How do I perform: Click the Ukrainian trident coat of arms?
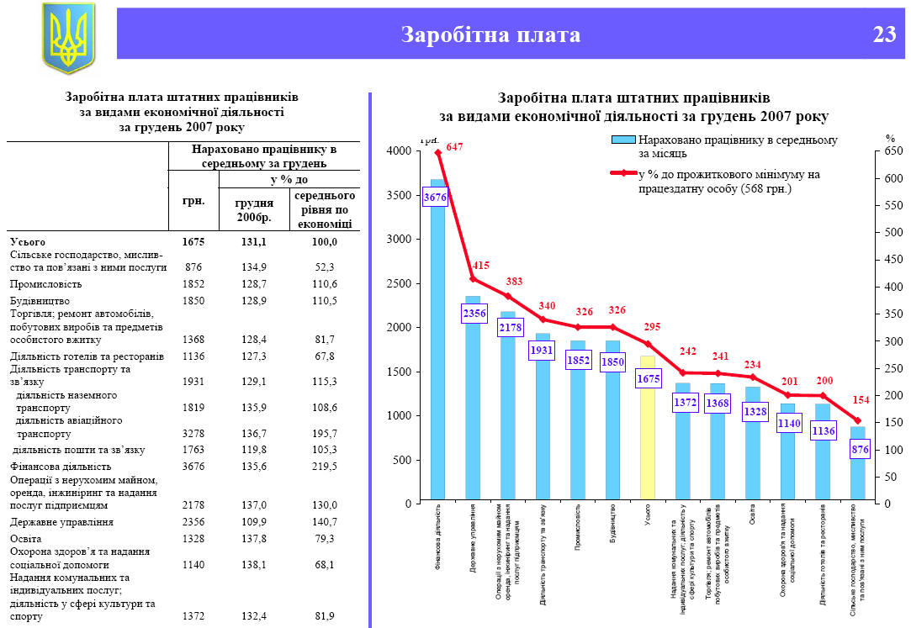point(68,39)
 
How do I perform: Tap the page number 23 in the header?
point(883,34)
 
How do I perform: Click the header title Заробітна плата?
point(490,34)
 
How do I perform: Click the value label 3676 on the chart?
point(435,198)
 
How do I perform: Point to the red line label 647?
point(455,146)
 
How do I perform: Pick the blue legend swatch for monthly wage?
point(623,140)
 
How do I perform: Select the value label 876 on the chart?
point(860,450)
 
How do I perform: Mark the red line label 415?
point(481,266)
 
